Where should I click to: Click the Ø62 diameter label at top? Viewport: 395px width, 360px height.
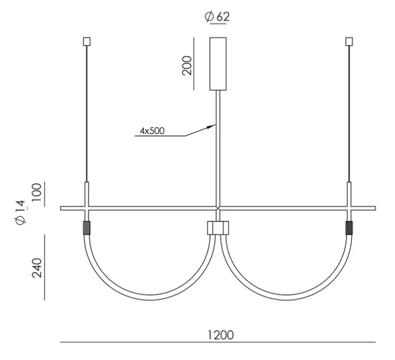(x=217, y=17)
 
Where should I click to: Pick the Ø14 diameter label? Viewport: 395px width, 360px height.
(x=21, y=213)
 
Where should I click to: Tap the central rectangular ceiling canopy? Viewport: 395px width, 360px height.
(x=218, y=63)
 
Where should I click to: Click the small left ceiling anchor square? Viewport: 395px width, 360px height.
(x=87, y=41)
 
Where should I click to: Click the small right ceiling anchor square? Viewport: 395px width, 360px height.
(x=349, y=41)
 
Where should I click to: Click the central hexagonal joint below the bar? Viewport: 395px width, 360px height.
(x=218, y=228)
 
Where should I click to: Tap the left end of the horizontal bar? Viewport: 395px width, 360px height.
(x=62, y=208)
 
